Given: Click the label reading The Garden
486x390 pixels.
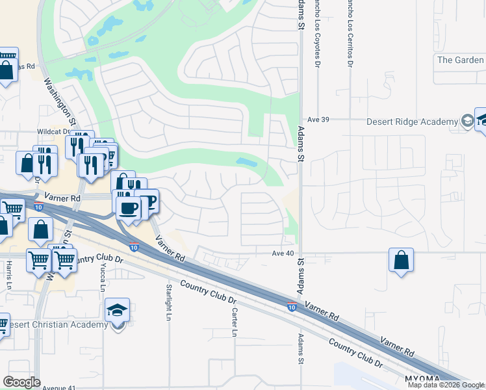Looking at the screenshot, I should tap(461, 60).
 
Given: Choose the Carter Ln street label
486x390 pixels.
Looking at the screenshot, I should tap(234, 322).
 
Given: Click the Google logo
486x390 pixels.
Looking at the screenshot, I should tap(21, 382).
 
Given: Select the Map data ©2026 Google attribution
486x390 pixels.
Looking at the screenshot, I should tap(446, 385).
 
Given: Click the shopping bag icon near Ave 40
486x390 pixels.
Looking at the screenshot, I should tap(402, 260).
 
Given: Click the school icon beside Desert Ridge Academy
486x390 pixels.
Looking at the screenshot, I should tap(467, 121).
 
